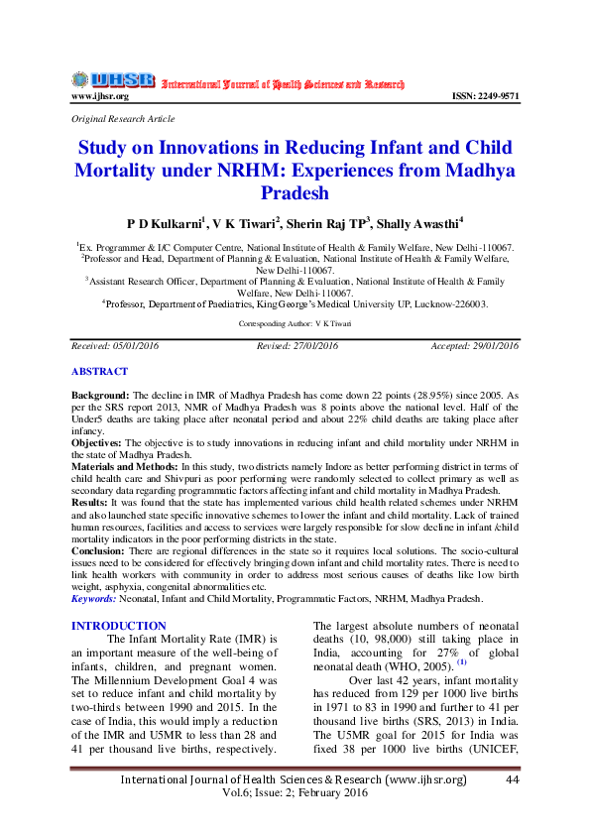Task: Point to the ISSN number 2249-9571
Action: [486, 96]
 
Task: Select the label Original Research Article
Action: [123, 118]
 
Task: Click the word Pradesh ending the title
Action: [294, 191]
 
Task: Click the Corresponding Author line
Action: [294, 324]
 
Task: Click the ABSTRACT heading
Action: [99, 371]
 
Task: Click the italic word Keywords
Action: [93, 599]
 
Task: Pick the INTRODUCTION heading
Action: [119, 626]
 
